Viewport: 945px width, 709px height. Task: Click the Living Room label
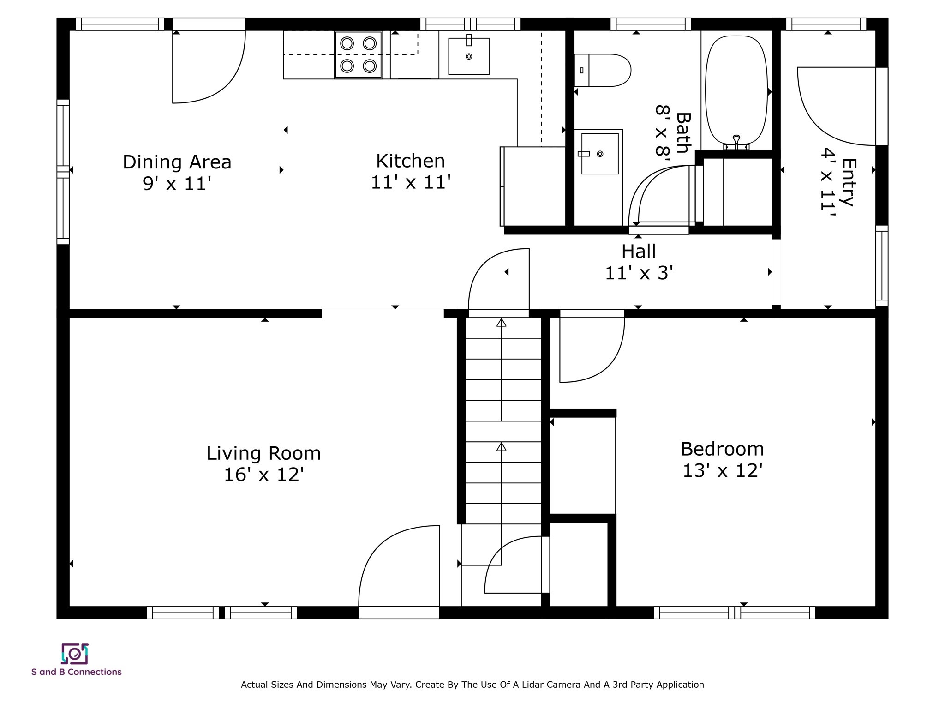click(x=263, y=453)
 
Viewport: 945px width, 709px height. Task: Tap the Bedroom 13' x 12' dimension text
click(x=722, y=471)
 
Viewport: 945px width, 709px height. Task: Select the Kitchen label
click(x=410, y=161)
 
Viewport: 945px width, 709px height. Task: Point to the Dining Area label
click(x=177, y=162)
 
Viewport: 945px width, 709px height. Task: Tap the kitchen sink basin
click(x=469, y=56)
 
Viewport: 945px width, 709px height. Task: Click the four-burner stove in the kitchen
click(x=358, y=55)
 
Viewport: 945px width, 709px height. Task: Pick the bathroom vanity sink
click(x=599, y=154)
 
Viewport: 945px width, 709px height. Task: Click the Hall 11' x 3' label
click(x=639, y=262)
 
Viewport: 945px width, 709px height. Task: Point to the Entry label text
click(x=849, y=182)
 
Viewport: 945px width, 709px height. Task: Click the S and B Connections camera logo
click(x=75, y=654)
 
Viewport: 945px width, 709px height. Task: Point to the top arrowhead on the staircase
click(x=502, y=323)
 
